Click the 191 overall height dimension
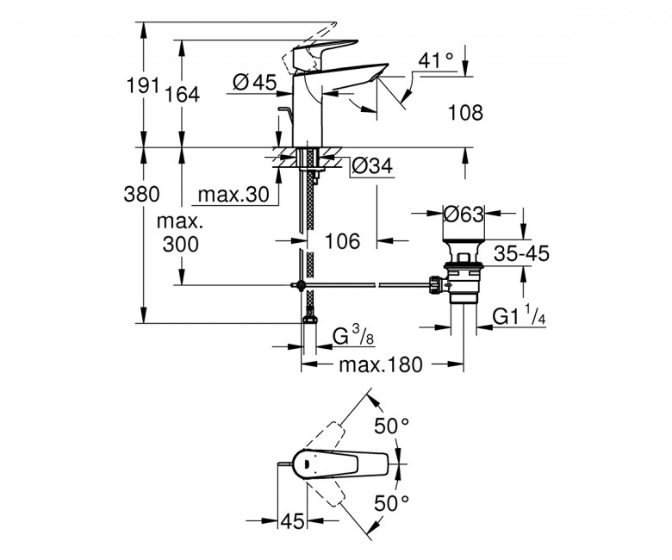(x=142, y=85)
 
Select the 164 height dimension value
(x=183, y=94)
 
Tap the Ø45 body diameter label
(x=255, y=82)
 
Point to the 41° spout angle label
(x=435, y=60)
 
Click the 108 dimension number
(x=465, y=113)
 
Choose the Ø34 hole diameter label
(x=372, y=165)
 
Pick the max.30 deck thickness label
(x=233, y=195)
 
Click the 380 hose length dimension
(x=141, y=194)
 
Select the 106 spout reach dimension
(x=343, y=241)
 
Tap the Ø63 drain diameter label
(x=464, y=214)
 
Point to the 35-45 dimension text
(x=521, y=253)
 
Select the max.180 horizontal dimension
(x=381, y=365)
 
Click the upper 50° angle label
(x=392, y=426)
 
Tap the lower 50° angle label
(x=392, y=503)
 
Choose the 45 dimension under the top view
(x=292, y=521)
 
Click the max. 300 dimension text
(x=180, y=233)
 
